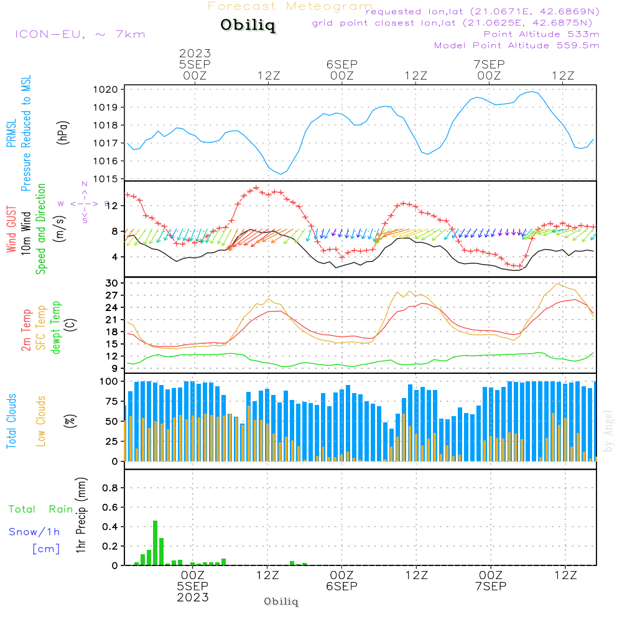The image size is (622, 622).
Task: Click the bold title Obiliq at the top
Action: pos(247,26)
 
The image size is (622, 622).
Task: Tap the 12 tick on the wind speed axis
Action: pos(112,206)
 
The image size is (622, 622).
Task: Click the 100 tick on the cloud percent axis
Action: pos(109,381)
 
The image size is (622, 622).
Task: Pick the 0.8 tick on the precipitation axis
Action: pos(109,488)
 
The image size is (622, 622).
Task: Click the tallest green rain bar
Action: pos(155,542)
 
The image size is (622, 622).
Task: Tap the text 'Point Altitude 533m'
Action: pos(541,34)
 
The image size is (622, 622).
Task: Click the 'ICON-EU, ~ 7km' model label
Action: pos(80,34)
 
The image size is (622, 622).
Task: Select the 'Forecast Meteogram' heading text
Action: pos(290,6)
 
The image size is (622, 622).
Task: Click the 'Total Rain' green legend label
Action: pos(41,509)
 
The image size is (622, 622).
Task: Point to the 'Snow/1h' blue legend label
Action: pos(34,532)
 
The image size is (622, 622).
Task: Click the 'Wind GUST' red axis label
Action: pos(11,231)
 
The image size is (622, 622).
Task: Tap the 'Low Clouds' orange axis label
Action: pos(42,421)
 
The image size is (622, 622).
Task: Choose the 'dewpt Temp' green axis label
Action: pos(57,328)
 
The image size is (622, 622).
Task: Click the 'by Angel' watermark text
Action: pos(609,430)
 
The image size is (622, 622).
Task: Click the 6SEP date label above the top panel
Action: pos(341,64)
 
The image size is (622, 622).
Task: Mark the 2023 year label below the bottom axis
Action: pos(193,597)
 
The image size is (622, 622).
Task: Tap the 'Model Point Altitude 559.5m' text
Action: pos(516,45)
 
